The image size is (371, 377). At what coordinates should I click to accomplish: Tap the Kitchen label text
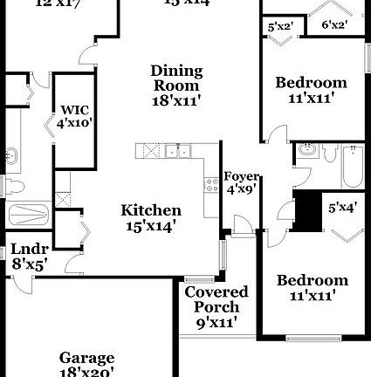151,217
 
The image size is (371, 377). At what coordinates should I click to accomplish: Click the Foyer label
241,182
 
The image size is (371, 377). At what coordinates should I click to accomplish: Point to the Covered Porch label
216,299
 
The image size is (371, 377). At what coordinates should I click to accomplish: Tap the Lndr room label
28,255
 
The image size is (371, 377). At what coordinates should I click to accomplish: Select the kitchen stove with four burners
210,184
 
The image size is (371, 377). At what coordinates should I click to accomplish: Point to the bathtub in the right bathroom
351,167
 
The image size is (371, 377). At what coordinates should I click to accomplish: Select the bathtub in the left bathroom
31,215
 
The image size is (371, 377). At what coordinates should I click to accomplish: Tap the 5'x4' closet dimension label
340,208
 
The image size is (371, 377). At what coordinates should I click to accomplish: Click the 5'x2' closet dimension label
279,27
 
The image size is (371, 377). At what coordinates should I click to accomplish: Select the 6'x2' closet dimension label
335,26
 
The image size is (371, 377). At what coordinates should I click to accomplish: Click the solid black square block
308,211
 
